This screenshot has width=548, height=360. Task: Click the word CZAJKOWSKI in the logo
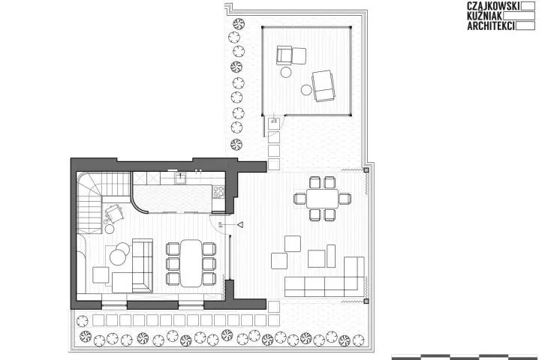[493, 5]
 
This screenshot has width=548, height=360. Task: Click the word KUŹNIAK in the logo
[485, 16]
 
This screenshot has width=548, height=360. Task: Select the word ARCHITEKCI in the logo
[491, 25]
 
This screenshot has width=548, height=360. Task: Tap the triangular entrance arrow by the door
[240, 225]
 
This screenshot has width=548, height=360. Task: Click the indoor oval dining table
[191, 263]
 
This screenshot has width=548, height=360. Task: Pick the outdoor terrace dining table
[323, 199]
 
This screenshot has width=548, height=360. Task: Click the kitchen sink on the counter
[181, 178]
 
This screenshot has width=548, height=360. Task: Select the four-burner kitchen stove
[218, 192]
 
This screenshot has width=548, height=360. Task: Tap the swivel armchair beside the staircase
[114, 213]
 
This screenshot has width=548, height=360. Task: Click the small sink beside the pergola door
[273, 124]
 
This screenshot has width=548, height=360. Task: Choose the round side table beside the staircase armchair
[110, 229]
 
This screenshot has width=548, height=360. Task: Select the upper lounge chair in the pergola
[291, 55]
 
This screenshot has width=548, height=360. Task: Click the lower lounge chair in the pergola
[324, 86]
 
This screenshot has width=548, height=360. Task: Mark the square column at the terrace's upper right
[366, 170]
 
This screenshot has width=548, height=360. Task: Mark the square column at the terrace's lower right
[366, 301]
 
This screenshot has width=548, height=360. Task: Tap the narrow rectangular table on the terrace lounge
[331, 256]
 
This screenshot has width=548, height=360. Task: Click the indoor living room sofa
[139, 266]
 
